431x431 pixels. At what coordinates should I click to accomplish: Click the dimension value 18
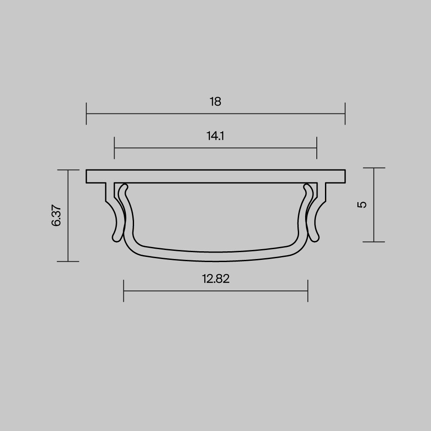[x=215, y=102]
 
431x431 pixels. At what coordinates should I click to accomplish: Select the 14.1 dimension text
[x=215, y=136]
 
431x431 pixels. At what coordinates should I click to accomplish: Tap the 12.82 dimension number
[x=215, y=279]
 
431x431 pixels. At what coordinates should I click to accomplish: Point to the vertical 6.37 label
[x=56, y=215]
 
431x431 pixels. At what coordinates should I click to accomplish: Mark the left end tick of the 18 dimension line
[x=87, y=114]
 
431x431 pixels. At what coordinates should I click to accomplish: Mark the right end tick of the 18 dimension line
[x=345, y=114]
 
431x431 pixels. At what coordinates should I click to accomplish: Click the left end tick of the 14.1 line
[x=114, y=148]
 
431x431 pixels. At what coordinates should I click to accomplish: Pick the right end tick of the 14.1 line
[x=317, y=148]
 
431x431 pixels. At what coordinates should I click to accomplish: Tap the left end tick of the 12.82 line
[x=124, y=290]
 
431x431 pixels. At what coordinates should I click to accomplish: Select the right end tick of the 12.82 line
[x=308, y=290]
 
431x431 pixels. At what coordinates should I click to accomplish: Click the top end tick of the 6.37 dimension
[x=68, y=170]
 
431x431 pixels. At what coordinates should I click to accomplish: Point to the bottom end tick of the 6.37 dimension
[x=68, y=261]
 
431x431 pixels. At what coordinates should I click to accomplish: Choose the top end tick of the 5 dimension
[x=374, y=168]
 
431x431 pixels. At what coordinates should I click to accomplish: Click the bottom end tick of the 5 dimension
[x=374, y=242]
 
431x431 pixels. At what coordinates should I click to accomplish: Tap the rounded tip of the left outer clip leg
[x=116, y=238]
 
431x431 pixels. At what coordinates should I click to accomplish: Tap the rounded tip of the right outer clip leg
[x=316, y=238]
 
